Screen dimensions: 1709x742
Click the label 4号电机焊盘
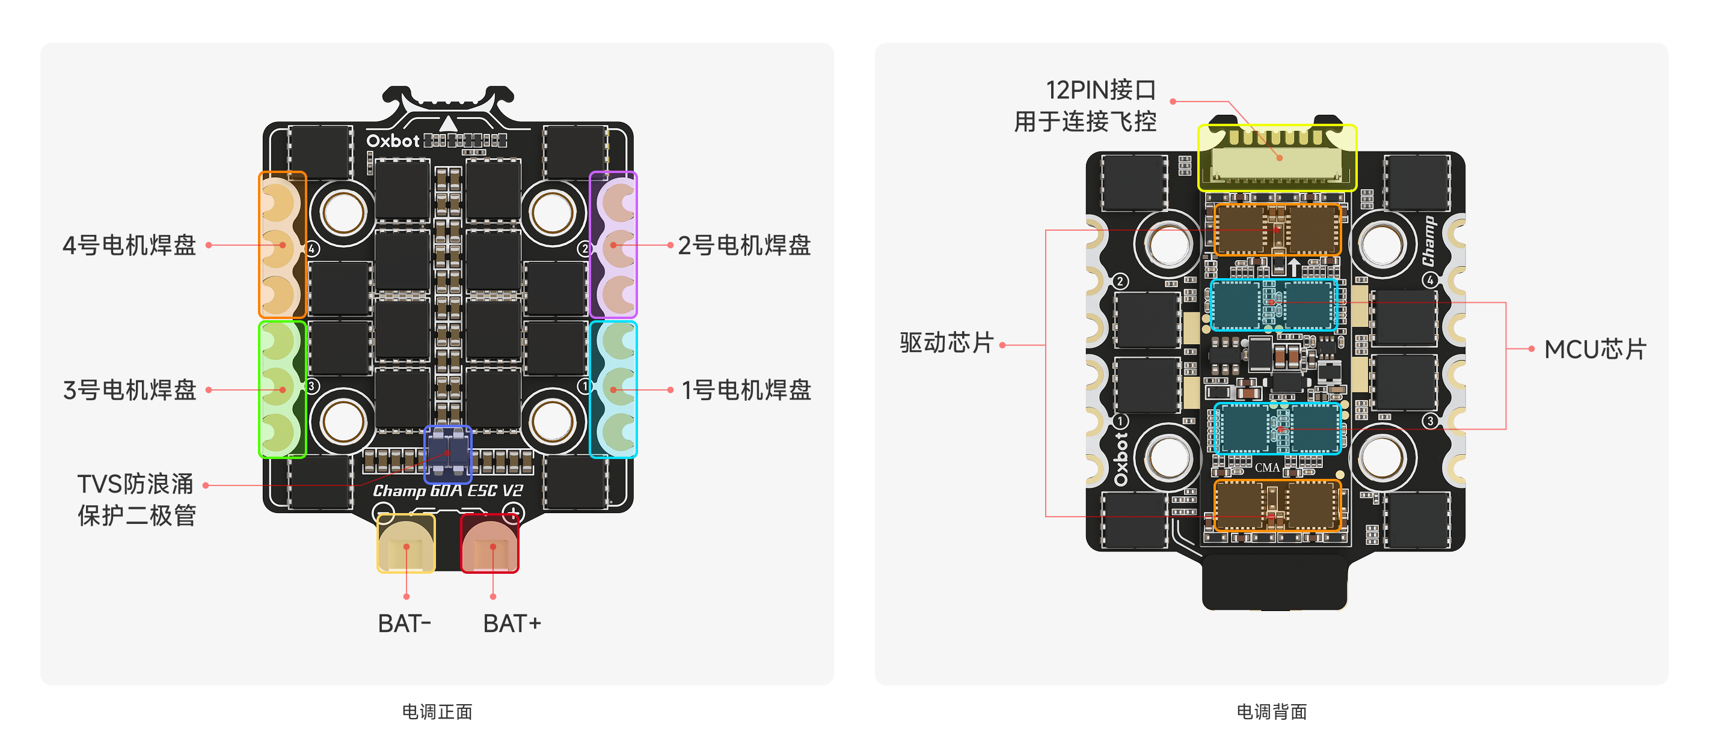(x=129, y=245)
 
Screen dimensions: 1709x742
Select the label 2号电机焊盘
(x=744, y=245)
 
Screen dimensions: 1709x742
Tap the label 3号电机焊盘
(x=129, y=390)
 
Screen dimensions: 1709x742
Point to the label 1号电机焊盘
(x=746, y=390)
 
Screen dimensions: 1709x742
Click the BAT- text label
(x=404, y=623)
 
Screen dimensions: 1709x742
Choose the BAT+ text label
(x=512, y=623)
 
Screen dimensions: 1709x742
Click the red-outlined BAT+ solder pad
(x=489, y=543)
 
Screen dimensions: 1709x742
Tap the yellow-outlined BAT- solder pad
(x=406, y=543)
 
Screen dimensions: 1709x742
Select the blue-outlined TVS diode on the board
(x=448, y=454)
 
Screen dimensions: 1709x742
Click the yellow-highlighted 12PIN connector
(x=1277, y=158)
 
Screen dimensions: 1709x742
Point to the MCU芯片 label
(x=1595, y=350)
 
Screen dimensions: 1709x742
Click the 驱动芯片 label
(x=947, y=343)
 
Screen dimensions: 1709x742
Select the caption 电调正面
(x=437, y=711)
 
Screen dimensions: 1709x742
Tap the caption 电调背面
(x=1271, y=711)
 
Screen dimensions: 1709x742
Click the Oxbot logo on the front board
(x=393, y=141)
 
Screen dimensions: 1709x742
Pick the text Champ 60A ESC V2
(x=448, y=491)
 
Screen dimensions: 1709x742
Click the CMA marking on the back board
(x=1266, y=467)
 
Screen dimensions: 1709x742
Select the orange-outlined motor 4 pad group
(x=283, y=245)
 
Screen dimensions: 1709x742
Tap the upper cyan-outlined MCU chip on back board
(x=1273, y=305)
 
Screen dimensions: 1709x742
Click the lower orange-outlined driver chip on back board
(x=1277, y=506)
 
